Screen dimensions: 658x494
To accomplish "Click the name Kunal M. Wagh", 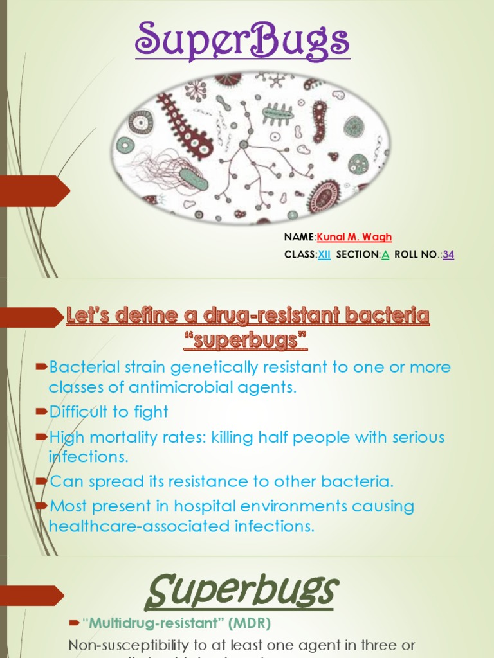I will coord(354,238).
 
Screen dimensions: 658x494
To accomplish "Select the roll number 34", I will coord(448,254).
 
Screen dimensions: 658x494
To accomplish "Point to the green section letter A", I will coord(385,254).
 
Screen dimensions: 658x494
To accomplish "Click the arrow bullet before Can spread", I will coord(42,480).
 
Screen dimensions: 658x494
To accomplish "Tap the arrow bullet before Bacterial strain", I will coord(42,367).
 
